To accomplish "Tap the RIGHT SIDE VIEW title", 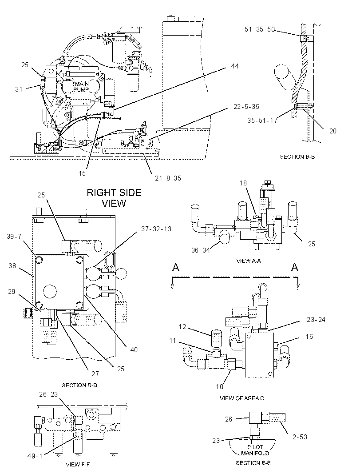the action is (x=114, y=198).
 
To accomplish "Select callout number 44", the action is (x=234, y=66).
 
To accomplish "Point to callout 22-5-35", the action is (x=246, y=107).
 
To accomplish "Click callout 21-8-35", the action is (x=168, y=178).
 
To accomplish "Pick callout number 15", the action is (x=82, y=173).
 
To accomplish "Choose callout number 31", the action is (x=19, y=89).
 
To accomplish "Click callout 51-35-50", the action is (x=260, y=29).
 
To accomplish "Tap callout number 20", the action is (x=332, y=131).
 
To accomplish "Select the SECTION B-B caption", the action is (x=297, y=157).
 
